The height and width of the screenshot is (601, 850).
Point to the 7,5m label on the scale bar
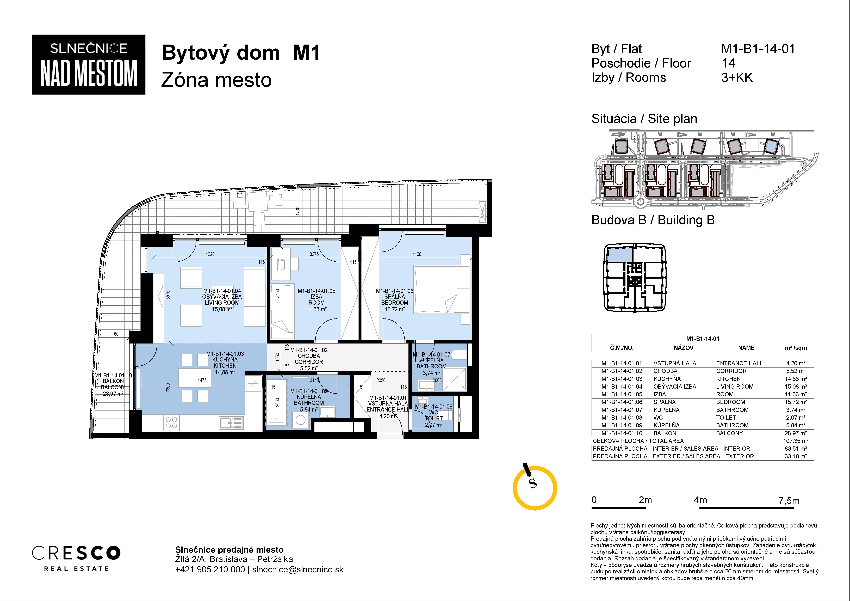click(x=789, y=501)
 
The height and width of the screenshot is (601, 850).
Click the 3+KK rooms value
click(x=737, y=78)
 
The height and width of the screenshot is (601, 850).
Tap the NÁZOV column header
click(x=683, y=348)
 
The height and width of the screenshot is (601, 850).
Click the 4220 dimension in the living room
click(x=210, y=254)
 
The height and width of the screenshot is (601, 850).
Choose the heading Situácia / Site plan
click(x=644, y=119)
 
